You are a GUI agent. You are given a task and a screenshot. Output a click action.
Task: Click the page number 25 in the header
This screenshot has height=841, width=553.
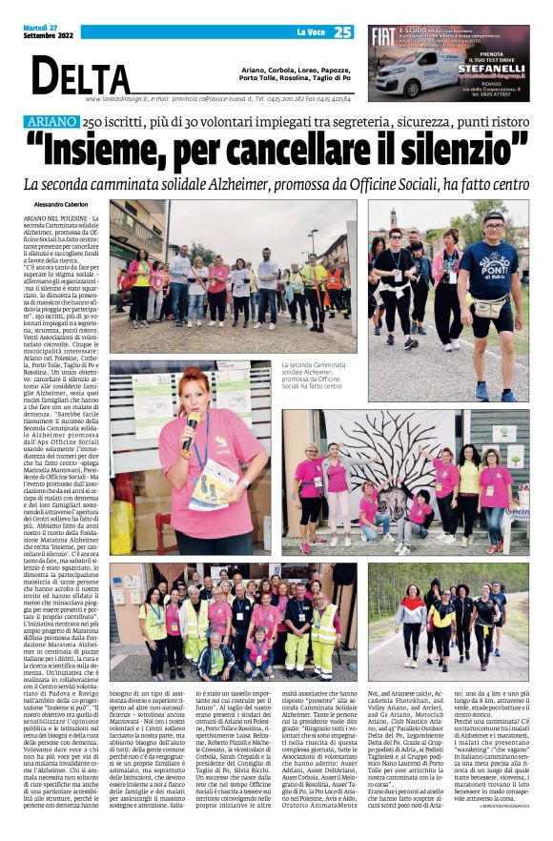(x=342, y=33)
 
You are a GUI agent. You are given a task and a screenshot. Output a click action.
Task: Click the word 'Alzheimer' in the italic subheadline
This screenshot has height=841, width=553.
(x=248, y=184)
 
